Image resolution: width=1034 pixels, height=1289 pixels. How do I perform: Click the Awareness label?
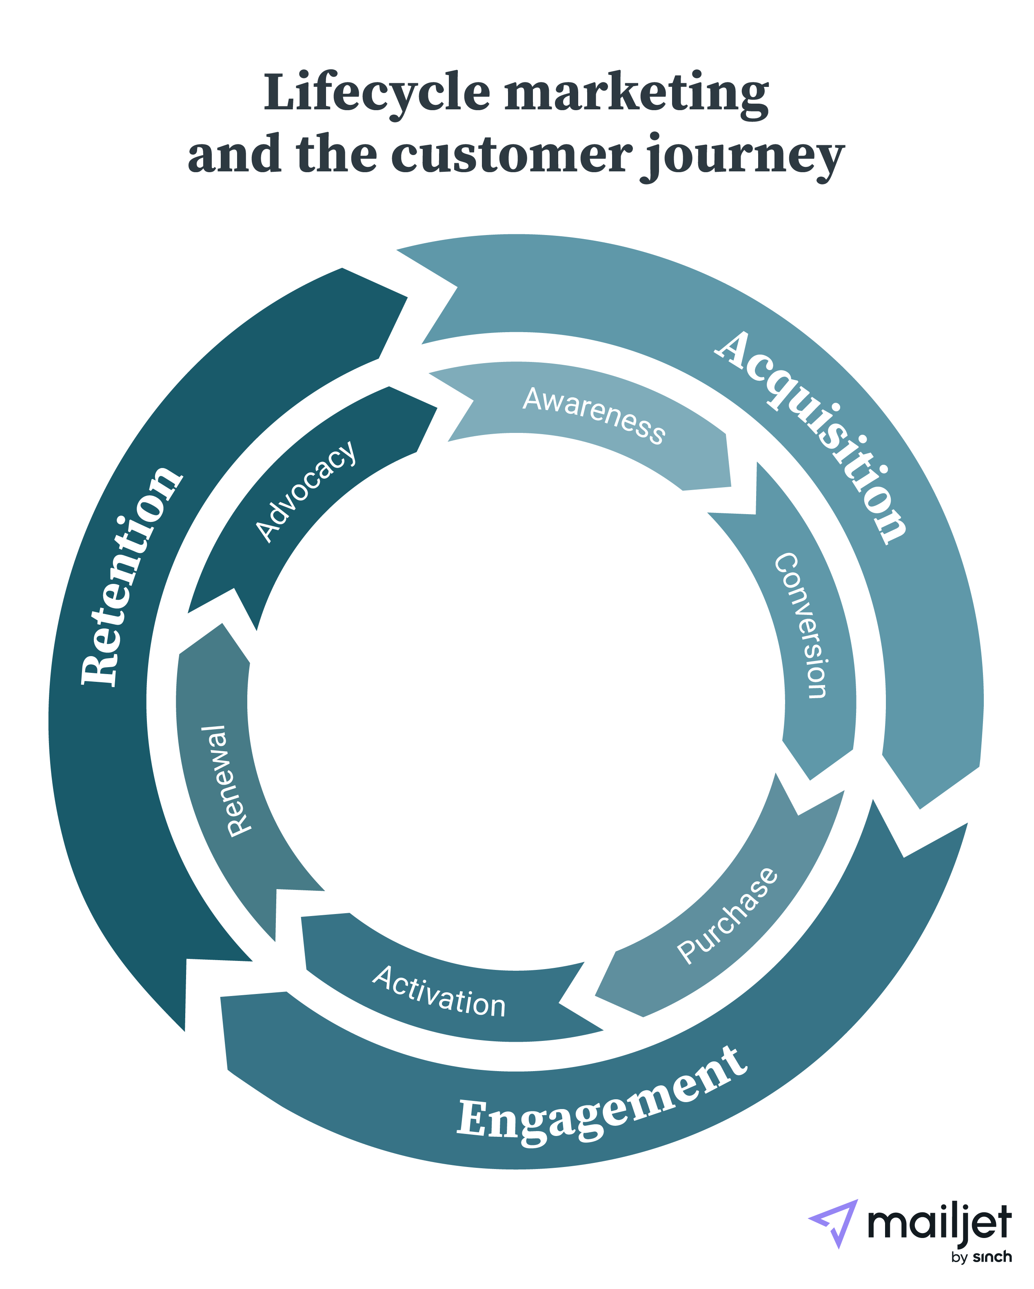coord(594,415)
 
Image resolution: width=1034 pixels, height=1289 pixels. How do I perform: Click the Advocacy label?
coord(306,491)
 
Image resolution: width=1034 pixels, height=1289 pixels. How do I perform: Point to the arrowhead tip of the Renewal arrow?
coord(222,623)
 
